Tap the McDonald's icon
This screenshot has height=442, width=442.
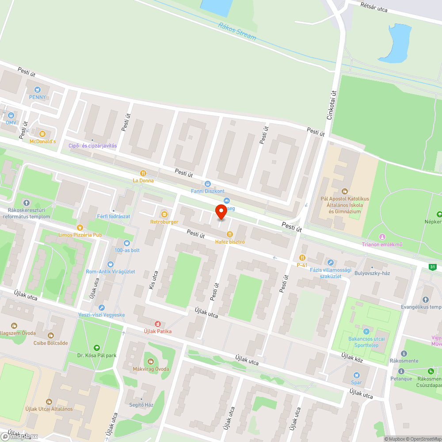(42, 133)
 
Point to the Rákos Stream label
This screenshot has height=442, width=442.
(237, 31)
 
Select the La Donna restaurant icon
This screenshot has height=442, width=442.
(143, 173)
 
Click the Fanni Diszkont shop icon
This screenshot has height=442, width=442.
(208, 183)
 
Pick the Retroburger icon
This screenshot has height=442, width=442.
(164, 214)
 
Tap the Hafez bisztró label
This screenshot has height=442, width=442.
(230, 241)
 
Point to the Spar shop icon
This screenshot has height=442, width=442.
(356, 375)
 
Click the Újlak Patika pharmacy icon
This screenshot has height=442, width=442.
(157, 324)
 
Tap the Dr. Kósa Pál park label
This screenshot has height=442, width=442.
(96, 355)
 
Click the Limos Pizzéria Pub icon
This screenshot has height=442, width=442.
(80, 227)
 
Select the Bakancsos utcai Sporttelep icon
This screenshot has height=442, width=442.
(366, 331)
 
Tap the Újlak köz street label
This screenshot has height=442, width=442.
(352, 357)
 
